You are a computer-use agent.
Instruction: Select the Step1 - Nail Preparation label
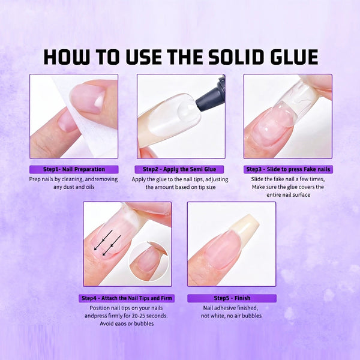[74, 169]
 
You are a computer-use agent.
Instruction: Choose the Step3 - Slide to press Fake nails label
[287, 169]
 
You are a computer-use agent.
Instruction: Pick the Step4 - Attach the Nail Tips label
[127, 298]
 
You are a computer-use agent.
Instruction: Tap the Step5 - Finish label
[232, 298]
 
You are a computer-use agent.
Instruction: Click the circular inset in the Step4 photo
[149, 261]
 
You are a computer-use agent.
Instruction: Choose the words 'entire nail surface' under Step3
[287, 195]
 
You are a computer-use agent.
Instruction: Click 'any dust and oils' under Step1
[74, 187]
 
